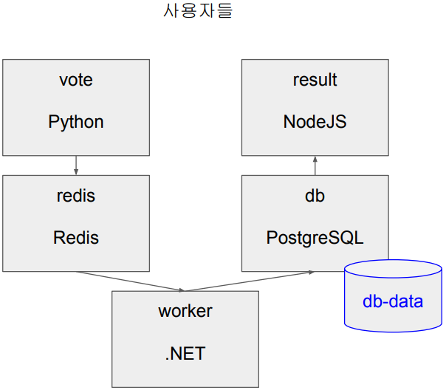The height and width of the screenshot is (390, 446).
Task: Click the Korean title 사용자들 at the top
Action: (x=197, y=13)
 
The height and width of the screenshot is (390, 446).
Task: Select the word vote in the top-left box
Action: (x=76, y=80)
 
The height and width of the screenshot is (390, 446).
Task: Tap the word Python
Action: (x=76, y=122)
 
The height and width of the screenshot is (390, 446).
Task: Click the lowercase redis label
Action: (x=76, y=196)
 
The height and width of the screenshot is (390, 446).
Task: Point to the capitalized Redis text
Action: (x=76, y=238)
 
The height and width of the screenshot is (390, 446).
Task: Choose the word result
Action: (x=315, y=80)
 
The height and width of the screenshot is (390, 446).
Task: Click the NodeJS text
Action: (x=315, y=122)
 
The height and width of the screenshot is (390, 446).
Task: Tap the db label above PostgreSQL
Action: (x=315, y=196)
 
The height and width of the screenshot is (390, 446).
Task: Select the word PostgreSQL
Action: (x=315, y=238)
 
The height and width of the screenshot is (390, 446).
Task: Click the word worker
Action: (x=185, y=311)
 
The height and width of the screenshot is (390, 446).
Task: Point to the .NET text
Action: (x=185, y=354)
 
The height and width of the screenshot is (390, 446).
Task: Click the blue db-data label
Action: (x=393, y=301)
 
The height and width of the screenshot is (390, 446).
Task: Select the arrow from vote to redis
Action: (x=76, y=165)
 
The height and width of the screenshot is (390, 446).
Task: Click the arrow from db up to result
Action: (x=315, y=166)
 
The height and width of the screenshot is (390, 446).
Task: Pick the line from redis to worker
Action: (x=129, y=281)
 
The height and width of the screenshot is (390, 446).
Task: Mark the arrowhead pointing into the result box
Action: (x=315, y=159)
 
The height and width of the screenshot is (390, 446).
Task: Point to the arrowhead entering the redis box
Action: (x=76, y=172)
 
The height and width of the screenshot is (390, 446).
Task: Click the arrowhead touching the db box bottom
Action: (x=311, y=272)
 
